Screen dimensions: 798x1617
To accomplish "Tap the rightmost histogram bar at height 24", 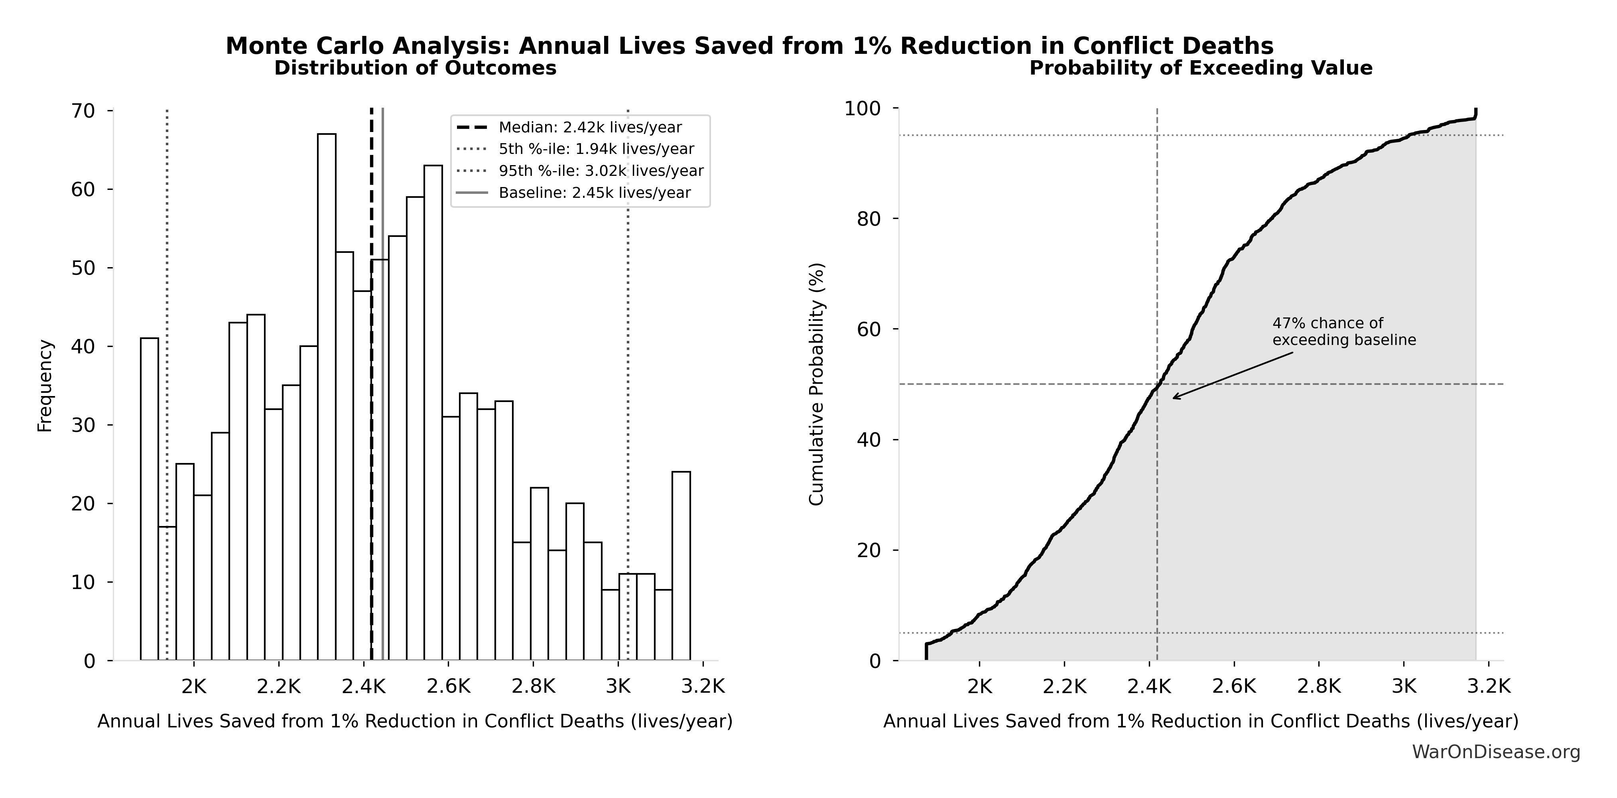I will (x=681, y=565).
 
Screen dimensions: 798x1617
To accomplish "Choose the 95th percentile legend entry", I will (x=601, y=171).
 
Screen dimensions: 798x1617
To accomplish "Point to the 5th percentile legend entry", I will (x=596, y=149).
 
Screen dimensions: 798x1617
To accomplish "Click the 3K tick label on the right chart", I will (x=1404, y=686).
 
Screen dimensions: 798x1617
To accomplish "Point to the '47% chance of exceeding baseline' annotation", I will (x=1343, y=331).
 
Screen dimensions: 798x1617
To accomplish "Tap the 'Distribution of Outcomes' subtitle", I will (x=415, y=68).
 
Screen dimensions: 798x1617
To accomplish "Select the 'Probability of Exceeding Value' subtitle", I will (x=1200, y=68).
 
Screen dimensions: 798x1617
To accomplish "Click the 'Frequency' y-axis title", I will (x=45, y=386).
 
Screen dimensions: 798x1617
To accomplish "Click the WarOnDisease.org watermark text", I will (x=1496, y=751).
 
